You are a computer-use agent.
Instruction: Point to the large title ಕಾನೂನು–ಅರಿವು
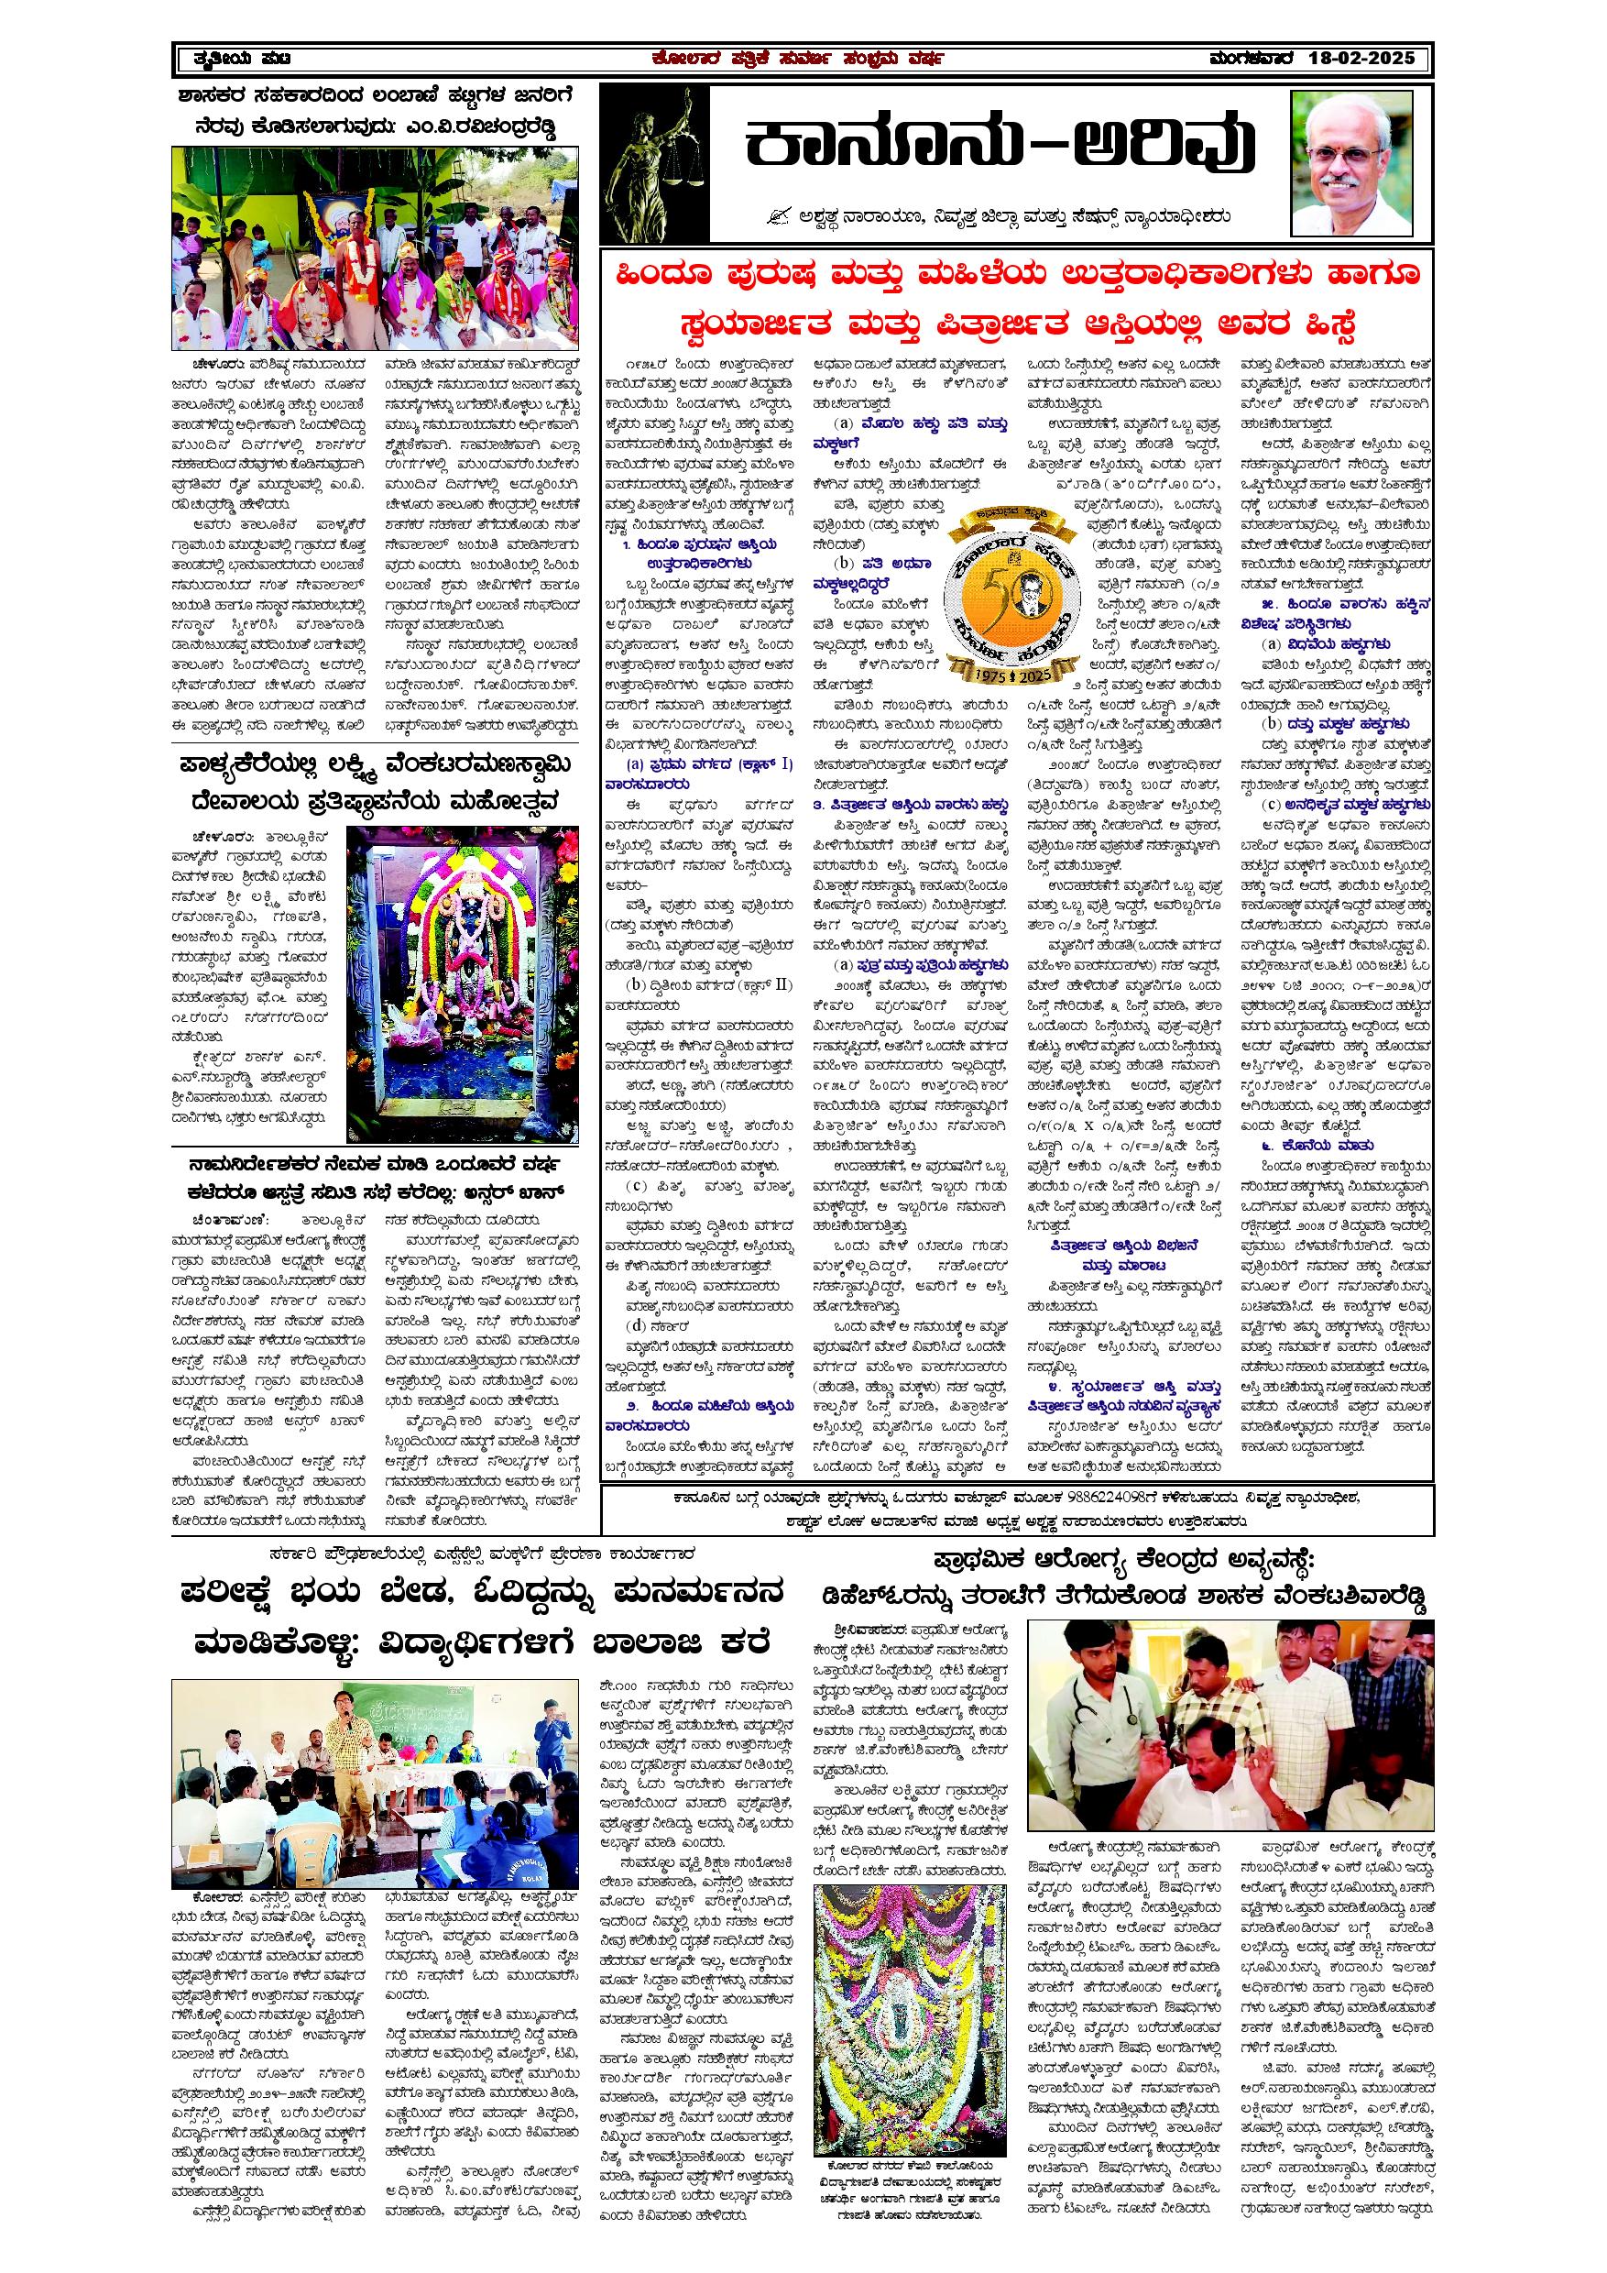999,147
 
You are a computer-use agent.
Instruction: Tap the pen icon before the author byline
783,215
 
